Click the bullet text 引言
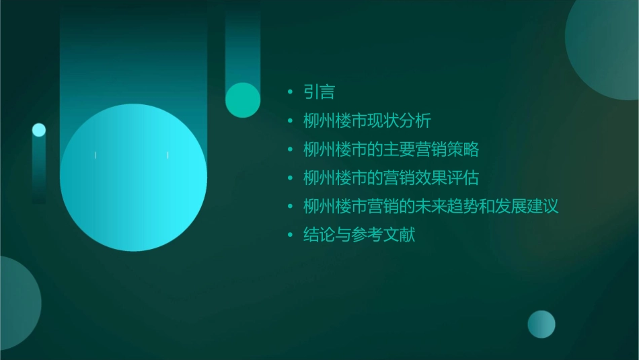click(319, 92)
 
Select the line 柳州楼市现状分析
click(367, 121)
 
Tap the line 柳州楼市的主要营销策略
click(391, 149)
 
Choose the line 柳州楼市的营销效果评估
click(391, 178)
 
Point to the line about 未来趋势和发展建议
click(430, 207)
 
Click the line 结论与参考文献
click(359, 236)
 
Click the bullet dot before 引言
click(290, 92)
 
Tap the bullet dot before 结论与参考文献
click(290, 236)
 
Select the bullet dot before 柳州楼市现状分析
click(290, 121)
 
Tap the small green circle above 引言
click(243, 100)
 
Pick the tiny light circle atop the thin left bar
click(39, 130)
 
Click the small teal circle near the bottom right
click(541, 324)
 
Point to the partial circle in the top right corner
click(605, 40)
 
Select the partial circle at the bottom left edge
click(17, 303)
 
